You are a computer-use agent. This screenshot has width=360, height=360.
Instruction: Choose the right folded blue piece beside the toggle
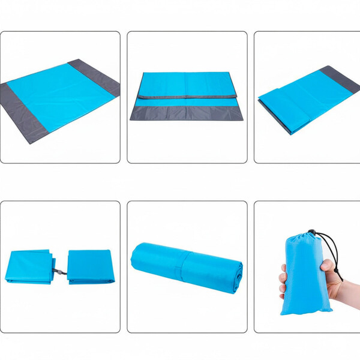pyautogui.click(x=90, y=266)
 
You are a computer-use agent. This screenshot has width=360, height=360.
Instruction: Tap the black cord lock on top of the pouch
pyautogui.click(x=311, y=232)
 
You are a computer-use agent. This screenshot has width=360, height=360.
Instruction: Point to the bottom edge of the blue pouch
pyautogui.click(x=306, y=312)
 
